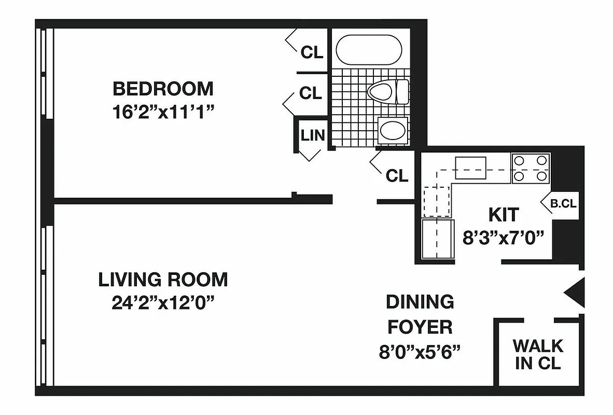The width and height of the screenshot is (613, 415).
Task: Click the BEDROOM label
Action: [x=163, y=89]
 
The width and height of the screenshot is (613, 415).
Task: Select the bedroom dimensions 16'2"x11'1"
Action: [x=163, y=112]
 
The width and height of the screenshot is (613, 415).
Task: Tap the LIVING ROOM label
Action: [x=163, y=280]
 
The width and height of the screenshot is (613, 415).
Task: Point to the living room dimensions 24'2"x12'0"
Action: [x=163, y=303]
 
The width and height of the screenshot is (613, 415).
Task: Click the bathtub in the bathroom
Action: [x=369, y=49]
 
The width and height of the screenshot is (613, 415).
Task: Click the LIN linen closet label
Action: [x=313, y=136]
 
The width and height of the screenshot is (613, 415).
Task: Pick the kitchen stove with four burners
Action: [x=531, y=169]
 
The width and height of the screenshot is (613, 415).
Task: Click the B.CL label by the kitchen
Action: [x=563, y=204]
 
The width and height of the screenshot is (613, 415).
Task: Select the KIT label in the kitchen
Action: [x=503, y=214]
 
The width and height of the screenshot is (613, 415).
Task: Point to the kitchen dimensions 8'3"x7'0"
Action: [x=503, y=238]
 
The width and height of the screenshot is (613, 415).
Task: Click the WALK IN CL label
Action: [x=537, y=354]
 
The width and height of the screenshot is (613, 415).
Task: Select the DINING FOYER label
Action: [x=420, y=314]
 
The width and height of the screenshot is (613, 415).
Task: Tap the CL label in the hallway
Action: [x=397, y=176]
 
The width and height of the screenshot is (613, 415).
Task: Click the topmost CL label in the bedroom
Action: [x=312, y=52]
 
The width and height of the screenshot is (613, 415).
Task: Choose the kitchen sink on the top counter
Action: [x=470, y=168]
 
